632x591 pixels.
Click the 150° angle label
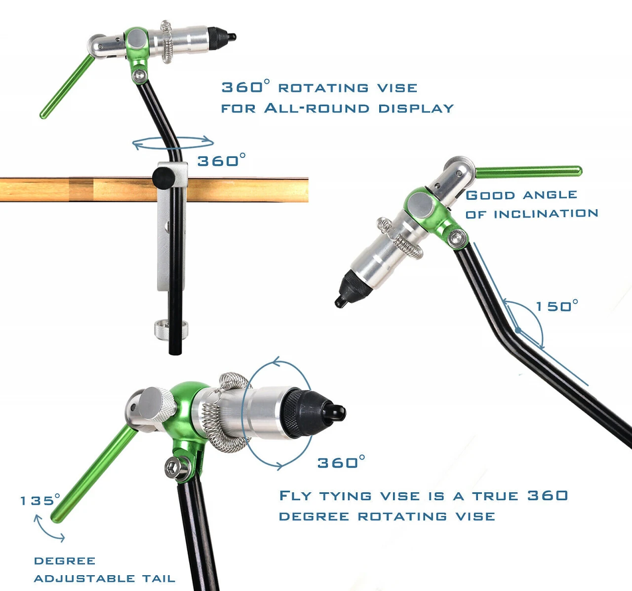tap(557, 306)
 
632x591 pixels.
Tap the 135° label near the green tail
tap(40, 500)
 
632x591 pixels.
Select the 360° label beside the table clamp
tap(222, 160)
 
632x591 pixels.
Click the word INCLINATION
tap(546, 214)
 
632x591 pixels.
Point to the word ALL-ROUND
tap(316, 109)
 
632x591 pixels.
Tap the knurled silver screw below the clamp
tap(171, 330)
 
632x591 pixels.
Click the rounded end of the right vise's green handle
tap(579, 171)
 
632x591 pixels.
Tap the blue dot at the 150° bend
tap(518, 331)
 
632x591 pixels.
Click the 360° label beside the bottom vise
tap(341, 462)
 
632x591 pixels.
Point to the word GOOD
tap(490, 195)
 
